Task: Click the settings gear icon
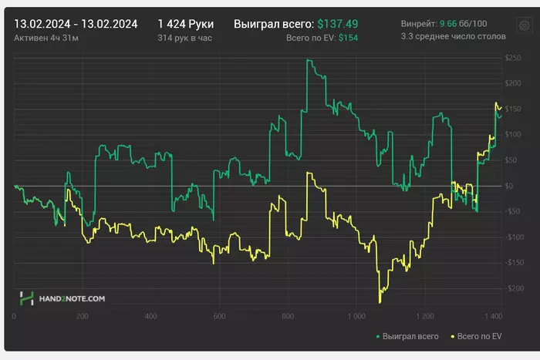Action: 524,25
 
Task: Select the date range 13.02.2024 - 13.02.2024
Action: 76,24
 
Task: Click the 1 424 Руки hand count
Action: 185,24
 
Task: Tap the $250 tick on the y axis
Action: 513,58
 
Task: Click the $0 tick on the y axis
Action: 509,186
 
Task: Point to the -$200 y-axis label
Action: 512,288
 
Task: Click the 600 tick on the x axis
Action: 219,316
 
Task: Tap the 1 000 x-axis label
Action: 356,316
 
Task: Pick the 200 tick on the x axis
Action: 83,316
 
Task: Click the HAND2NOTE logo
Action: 62,298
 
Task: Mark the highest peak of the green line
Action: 309,60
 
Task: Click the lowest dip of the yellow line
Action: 380,302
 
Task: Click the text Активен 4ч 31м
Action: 49,37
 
